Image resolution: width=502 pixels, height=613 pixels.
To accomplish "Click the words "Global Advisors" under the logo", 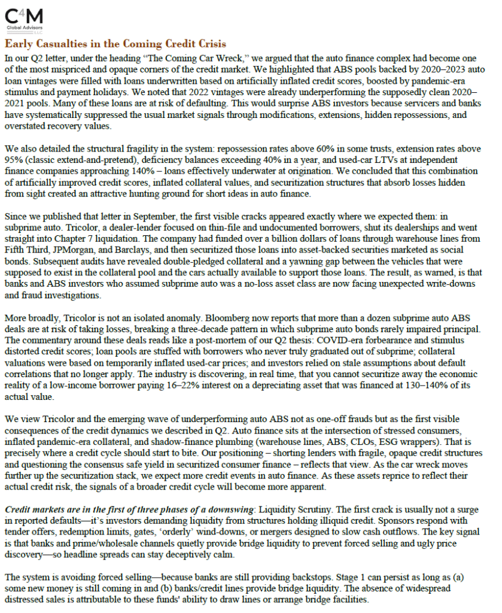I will [22, 28].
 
